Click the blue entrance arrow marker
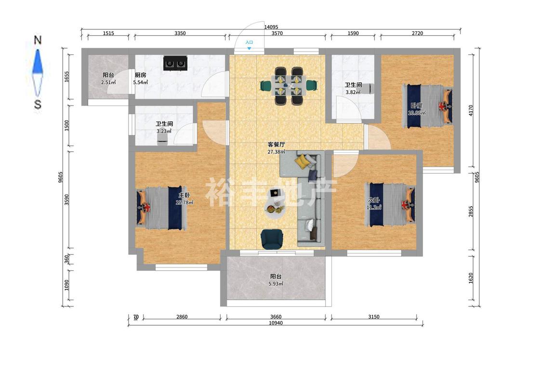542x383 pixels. pos(249,48)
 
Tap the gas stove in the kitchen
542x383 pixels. pos(175,63)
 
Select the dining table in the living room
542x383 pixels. pos(289,85)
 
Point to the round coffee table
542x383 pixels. pos(275,209)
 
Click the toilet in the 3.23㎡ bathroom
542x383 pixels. pos(162,139)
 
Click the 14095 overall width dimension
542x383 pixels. pos(271,27)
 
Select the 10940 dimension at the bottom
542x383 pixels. pos(276,323)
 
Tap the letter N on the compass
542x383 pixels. pos(38,40)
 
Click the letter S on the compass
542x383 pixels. pos(38,104)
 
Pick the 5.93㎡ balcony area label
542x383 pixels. pos(276,284)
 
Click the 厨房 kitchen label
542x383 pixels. pos(140,75)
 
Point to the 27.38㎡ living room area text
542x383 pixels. pos(276,152)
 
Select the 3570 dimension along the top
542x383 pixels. pos(277,34)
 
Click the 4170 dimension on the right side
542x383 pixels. pos(471,110)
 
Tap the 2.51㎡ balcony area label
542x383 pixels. pos(108,82)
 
